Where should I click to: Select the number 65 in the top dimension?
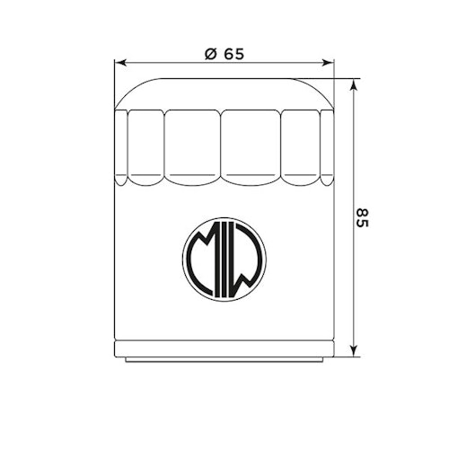pyautogui.click(x=233, y=54)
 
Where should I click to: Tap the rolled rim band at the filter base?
pyautogui.click(x=224, y=349)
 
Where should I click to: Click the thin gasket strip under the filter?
pyautogui.click(x=224, y=359)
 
